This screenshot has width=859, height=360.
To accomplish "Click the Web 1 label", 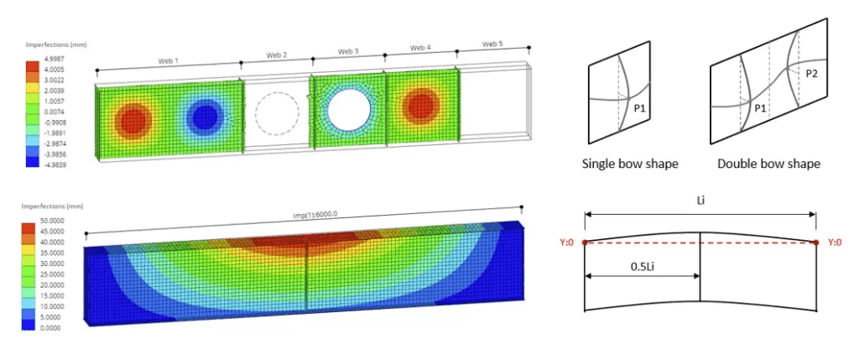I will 169,60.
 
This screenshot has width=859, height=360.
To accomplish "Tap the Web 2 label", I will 277,55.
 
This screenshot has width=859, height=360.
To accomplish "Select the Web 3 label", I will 349,52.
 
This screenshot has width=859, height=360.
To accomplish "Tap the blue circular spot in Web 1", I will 203,118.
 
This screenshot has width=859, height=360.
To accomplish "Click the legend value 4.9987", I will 55,60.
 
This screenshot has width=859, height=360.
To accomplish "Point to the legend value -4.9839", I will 55,164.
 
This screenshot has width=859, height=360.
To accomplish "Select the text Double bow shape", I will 768,164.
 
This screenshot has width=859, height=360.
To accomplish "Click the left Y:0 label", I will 568,243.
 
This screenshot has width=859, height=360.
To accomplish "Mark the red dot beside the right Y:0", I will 815,243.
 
